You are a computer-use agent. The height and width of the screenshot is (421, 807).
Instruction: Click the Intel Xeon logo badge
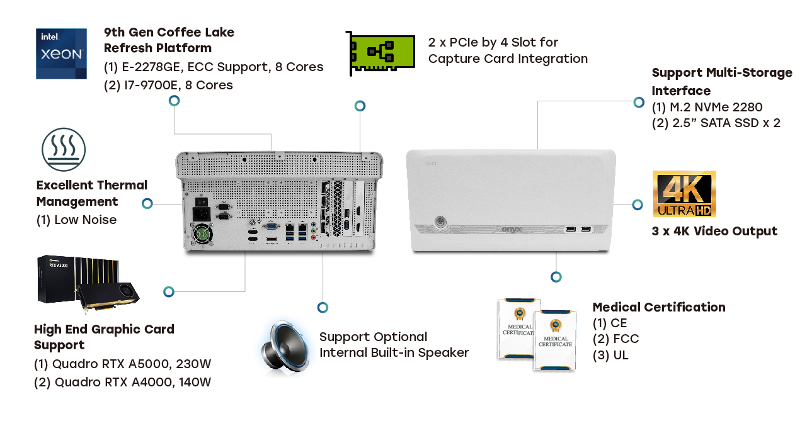(x=61, y=53)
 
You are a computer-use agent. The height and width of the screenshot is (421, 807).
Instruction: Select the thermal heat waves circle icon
(x=64, y=150)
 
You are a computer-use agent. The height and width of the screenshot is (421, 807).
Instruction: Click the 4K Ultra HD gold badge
(x=684, y=194)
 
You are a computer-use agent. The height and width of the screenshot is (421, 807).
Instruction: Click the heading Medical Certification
(x=658, y=307)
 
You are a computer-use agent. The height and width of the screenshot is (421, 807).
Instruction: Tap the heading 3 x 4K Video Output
(x=714, y=231)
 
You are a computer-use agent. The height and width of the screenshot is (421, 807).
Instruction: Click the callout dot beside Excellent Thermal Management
(x=147, y=203)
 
